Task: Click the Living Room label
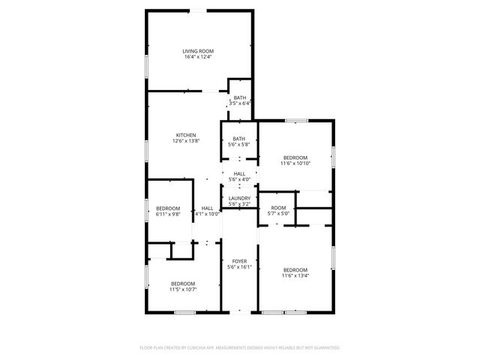[199, 51]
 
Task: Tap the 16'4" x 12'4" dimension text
[199, 57]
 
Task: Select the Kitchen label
[186, 135]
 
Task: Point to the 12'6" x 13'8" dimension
[186, 141]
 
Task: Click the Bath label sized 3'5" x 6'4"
[239, 97]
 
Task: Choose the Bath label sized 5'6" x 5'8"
[238, 138]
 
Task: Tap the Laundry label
[239, 198]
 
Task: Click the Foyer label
[239, 261]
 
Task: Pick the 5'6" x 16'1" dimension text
[239, 267]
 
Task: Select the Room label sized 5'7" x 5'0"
[278, 208]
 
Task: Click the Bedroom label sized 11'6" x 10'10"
[295, 157]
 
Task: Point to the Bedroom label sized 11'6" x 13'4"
[295, 270]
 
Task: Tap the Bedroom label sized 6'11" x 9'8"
[168, 208]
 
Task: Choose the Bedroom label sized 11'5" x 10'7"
[182, 283]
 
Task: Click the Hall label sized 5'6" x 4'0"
[239, 173]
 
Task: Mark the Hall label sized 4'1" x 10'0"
[208, 208]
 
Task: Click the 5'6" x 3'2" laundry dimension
[239, 204]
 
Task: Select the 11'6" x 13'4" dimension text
[295, 276]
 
